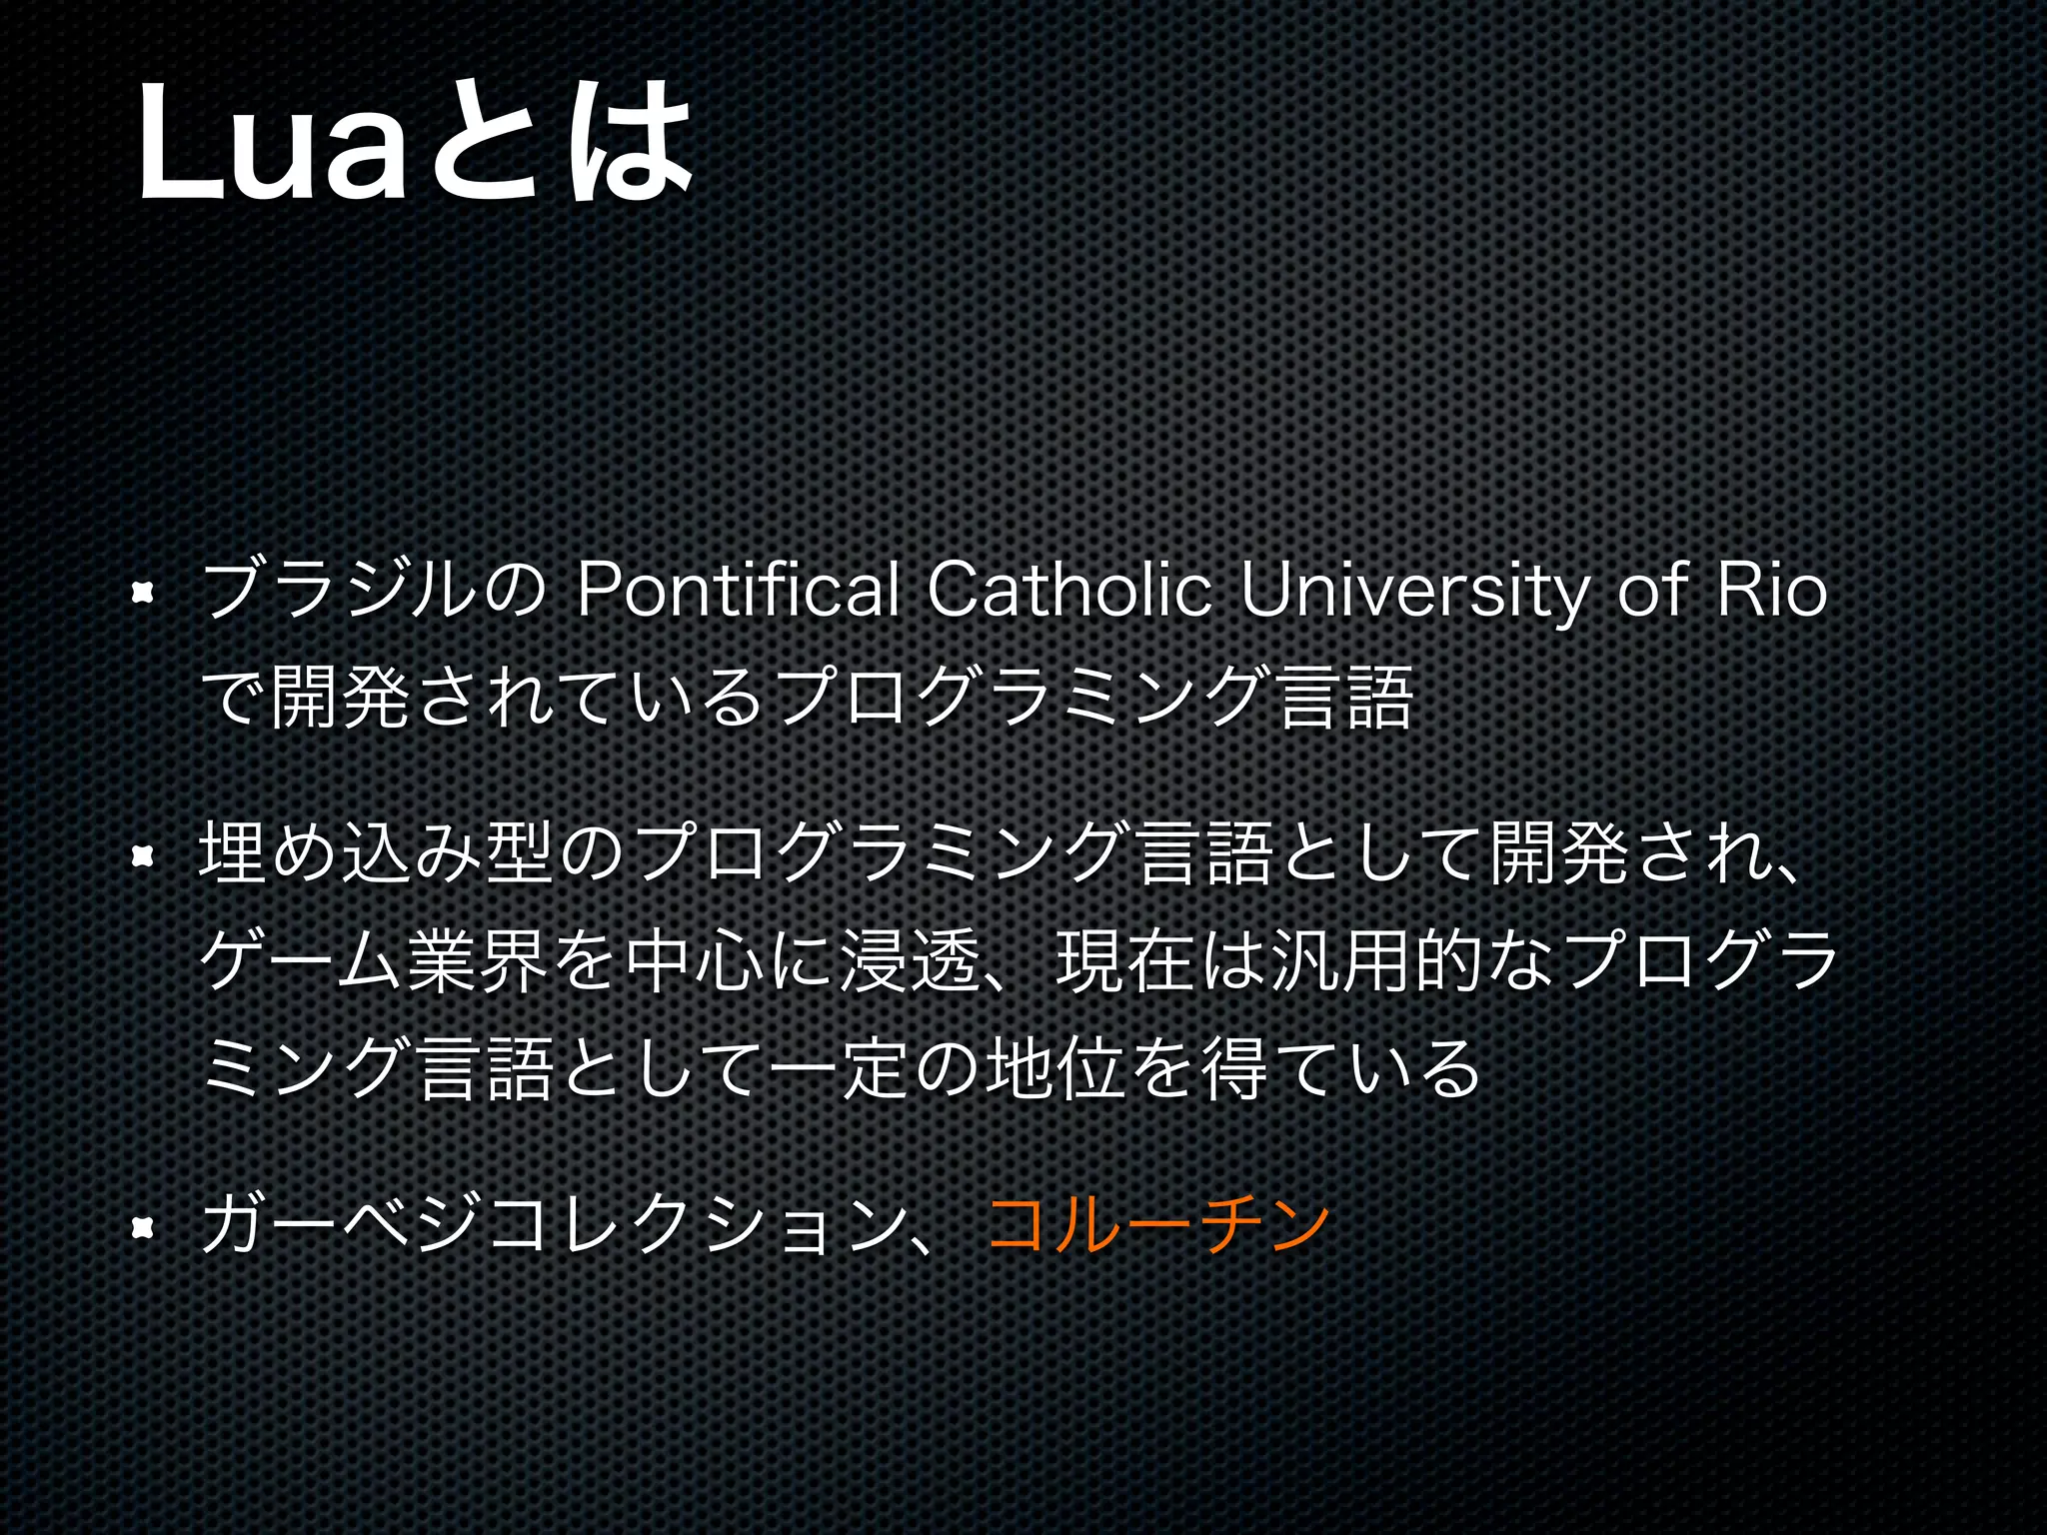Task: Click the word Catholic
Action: tap(1070, 592)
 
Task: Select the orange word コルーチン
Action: tap(1159, 1225)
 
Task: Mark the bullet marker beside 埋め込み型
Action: tap(143, 855)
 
